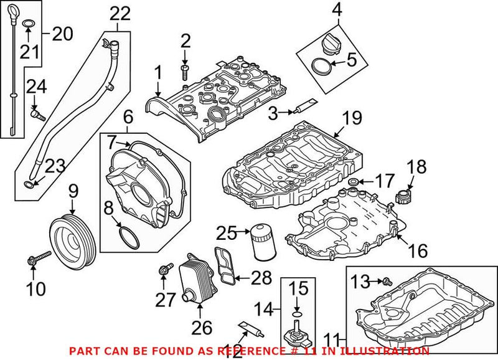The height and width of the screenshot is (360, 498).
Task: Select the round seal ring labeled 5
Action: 321,64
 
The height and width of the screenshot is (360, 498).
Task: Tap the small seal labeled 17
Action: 353,182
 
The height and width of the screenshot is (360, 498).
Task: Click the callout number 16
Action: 418,250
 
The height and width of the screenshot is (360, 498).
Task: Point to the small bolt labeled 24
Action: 37,114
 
